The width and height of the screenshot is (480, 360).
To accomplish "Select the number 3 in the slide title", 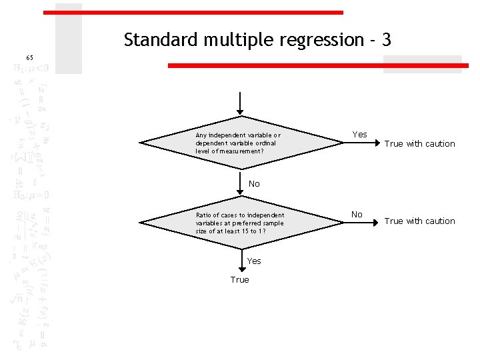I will coord(386,41).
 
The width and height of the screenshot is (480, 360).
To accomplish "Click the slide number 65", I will coord(29,58).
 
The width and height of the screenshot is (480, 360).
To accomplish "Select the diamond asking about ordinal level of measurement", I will coord(239,143).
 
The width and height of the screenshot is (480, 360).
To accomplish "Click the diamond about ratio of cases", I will coord(239,223).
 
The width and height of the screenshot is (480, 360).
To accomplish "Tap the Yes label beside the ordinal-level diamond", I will coord(359,135).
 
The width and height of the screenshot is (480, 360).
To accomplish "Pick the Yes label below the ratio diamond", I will coord(254,261).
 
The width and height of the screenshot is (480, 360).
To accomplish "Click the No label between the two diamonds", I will coord(254,184).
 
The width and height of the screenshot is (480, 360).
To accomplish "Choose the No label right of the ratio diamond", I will coord(357,215).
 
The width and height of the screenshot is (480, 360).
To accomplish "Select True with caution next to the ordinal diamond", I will coord(420,144).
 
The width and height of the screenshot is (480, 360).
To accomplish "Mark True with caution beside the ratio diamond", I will coord(420,221).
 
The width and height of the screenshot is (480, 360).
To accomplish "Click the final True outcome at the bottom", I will coord(239,280).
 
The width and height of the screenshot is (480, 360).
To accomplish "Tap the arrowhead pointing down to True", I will coord(239,267).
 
